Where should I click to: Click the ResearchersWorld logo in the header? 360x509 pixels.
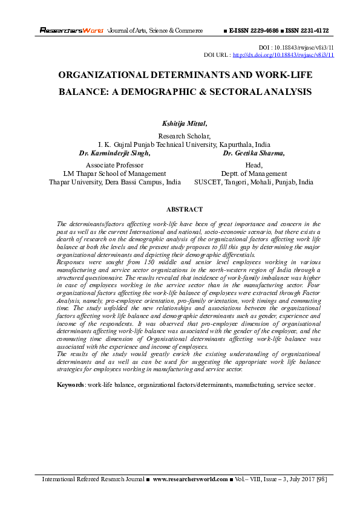(72, 30)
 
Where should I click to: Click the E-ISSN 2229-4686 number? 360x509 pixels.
(255, 30)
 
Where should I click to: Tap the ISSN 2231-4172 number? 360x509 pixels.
(309, 30)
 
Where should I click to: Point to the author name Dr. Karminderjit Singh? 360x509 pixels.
(115, 154)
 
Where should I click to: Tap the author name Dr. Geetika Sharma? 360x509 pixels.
(254, 154)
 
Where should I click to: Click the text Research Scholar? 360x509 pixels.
(184, 137)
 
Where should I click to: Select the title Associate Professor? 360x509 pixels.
(114, 165)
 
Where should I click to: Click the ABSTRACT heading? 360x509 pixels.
(184, 209)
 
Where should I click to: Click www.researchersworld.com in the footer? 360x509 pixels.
(190, 479)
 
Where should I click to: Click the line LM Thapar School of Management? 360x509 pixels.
(114, 173)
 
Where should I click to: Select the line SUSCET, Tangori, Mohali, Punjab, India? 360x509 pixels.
(254, 182)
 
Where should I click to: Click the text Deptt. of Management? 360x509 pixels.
(254, 173)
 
